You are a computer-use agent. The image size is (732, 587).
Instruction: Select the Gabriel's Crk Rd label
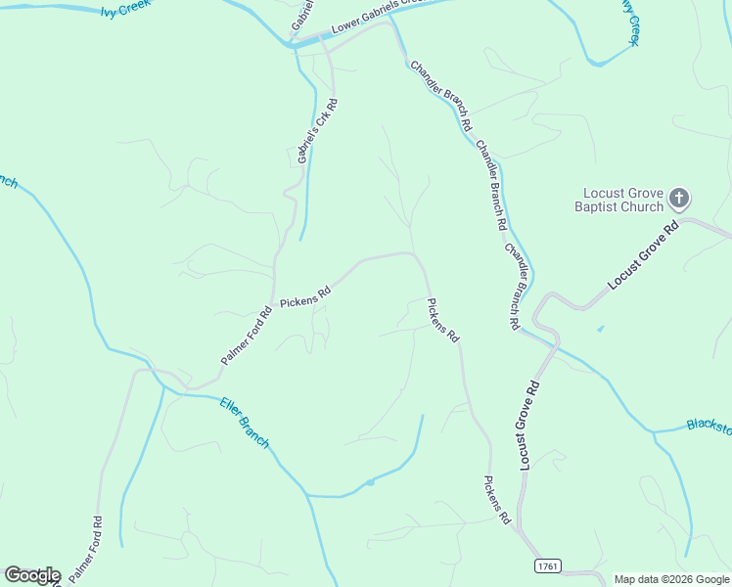coord(315,129)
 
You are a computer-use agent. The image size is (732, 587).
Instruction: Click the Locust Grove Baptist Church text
coord(622,200)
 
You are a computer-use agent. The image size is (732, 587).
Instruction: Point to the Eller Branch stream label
coord(244,423)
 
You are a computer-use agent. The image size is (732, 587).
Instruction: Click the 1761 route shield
coord(548,566)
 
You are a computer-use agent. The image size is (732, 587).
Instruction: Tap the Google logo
coord(32,575)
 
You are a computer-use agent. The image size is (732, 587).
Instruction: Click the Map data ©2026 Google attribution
coord(672,579)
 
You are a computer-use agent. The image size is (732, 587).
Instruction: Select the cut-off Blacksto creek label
coord(709,426)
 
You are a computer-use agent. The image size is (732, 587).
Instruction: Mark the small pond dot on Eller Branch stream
coord(370,481)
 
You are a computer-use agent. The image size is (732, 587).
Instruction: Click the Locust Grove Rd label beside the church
coord(643,255)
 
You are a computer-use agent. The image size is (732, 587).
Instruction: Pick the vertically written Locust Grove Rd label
coord(530,426)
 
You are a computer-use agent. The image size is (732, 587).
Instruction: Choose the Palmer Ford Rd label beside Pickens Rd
coord(246,337)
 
